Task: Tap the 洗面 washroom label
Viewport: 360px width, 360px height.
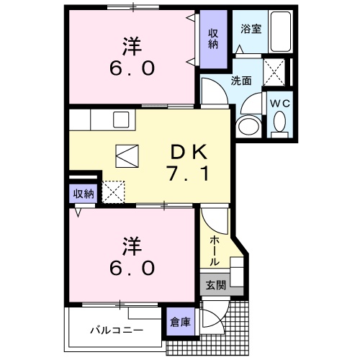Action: [241, 81]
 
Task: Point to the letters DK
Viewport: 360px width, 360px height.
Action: [189, 152]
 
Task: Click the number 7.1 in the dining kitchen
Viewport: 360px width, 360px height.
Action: [189, 174]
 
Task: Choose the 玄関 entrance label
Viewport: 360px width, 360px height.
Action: [215, 285]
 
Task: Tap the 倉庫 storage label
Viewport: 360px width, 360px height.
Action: [180, 322]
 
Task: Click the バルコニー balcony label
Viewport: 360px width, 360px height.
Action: [116, 330]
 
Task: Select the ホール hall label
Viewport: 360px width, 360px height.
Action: [215, 251]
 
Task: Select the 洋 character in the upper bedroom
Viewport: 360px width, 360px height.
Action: [131, 45]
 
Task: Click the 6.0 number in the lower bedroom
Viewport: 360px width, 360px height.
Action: [131, 268]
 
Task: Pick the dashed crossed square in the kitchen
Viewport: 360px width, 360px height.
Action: [114, 192]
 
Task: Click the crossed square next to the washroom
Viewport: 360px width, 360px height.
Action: [275, 71]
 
